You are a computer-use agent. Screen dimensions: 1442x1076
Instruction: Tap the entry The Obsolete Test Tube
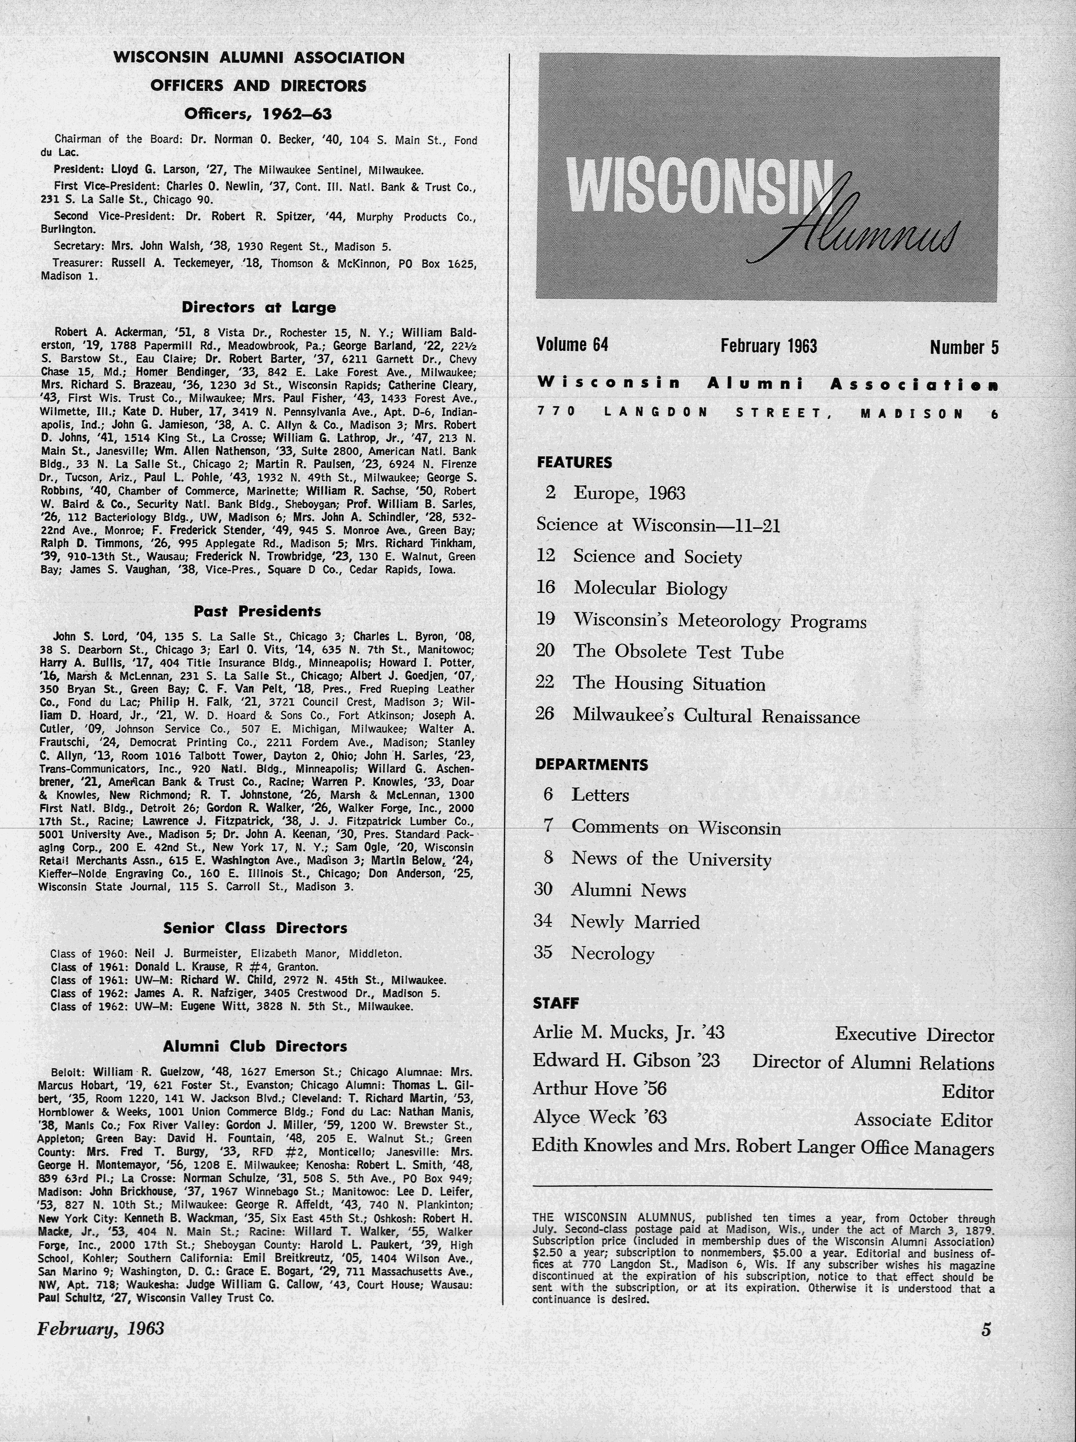pos(677,652)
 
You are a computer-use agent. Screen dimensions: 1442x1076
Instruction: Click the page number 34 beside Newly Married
pos(543,921)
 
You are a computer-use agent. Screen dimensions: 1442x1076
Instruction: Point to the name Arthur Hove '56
pos(599,1088)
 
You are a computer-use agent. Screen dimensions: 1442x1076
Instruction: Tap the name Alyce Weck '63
pos(599,1117)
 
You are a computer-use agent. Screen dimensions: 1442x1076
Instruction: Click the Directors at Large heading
pos(259,307)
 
